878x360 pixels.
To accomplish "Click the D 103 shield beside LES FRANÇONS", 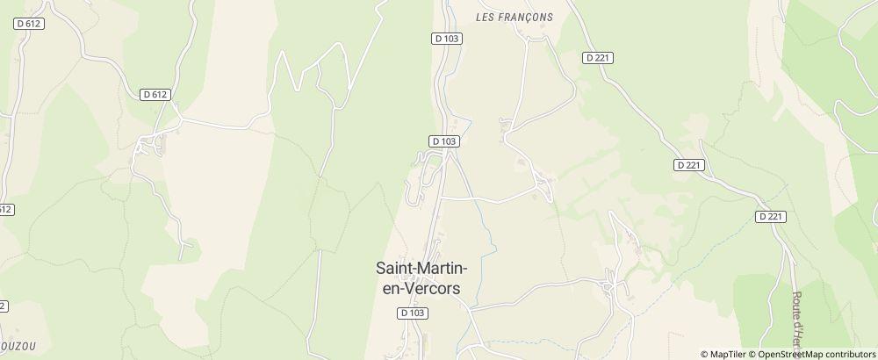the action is pyautogui.click(x=447, y=39).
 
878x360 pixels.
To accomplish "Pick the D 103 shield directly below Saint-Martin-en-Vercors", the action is pyautogui.click(x=412, y=313).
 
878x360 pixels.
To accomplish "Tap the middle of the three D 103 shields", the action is pyautogui.click(x=445, y=140).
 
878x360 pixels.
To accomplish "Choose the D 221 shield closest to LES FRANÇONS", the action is pyautogui.click(x=597, y=57).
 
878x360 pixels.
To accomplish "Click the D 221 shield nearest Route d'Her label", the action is pyautogui.click(x=770, y=216).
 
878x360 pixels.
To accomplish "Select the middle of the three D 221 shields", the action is pyautogui.click(x=689, y=165).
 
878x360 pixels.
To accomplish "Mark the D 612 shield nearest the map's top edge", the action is pyautogui.click(x=30, y=25).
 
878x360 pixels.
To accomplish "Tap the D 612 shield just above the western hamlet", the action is pyautogui.click(x=155, y=94).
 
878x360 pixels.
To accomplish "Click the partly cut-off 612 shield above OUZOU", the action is pyautogui.click(x=5, y=209).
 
